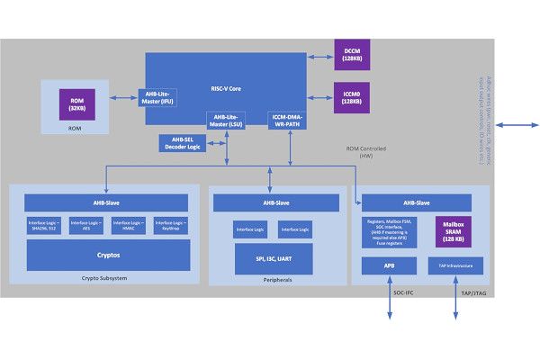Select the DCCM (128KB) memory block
[351, 54]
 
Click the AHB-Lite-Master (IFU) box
[162, 97]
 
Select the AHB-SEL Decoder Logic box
[184, 143]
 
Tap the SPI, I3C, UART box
[272, 258]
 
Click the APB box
[390, 265]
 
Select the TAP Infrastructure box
[454, 265]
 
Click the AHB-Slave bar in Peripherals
[272, 202]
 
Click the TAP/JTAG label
[475, 294]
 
